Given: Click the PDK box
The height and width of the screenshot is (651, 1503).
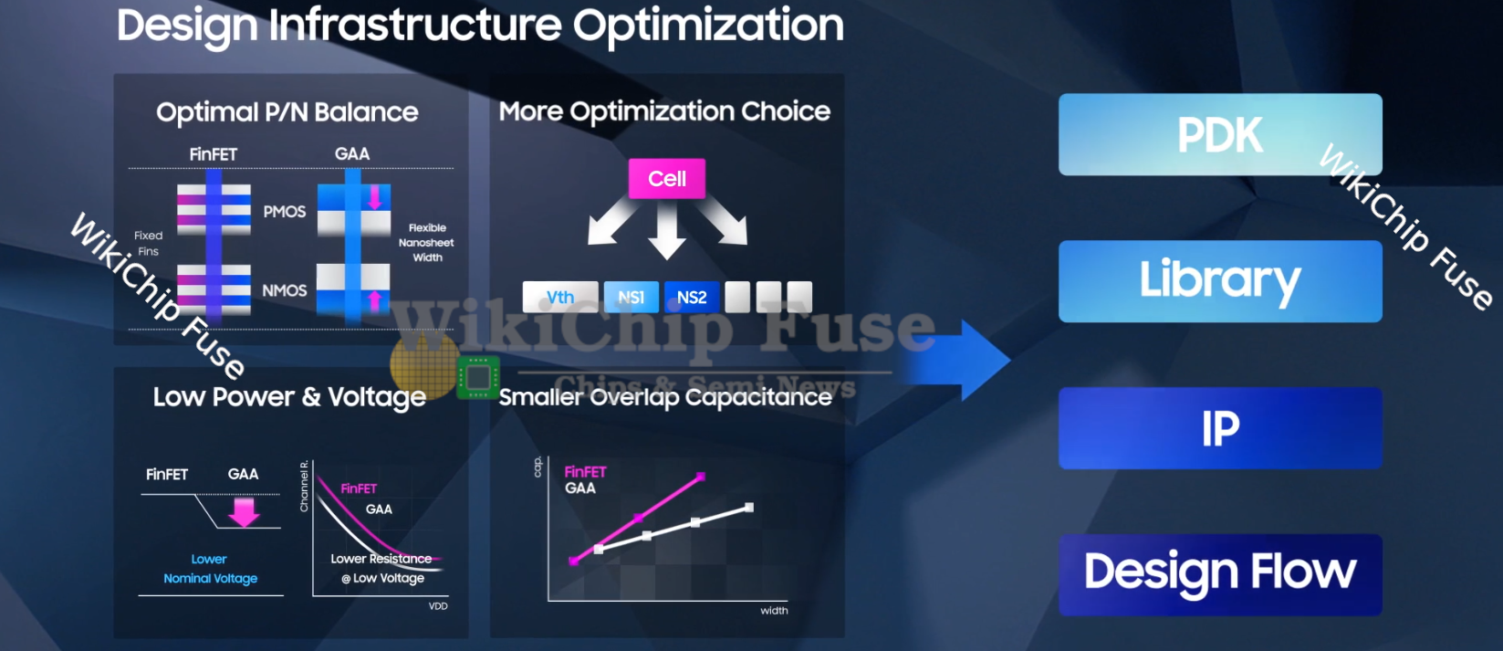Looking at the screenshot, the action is (x=1220, y=134).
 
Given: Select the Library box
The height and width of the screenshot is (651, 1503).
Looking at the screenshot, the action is (x=1220, y=281).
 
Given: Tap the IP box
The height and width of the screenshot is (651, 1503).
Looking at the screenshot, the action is (x=1220, y=428).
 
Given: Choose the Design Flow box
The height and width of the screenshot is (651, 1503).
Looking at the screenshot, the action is (x=1220, y=574).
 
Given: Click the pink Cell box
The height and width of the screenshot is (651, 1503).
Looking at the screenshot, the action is (x=666, y=179).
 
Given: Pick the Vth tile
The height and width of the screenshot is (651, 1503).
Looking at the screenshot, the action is (x=560, y=297).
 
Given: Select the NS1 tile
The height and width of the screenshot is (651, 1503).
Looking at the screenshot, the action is (x=631, y=297).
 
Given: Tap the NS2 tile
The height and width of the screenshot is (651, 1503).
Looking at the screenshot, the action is (x=691, y=297).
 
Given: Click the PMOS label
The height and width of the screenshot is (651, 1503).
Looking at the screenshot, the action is (x=285, y=212).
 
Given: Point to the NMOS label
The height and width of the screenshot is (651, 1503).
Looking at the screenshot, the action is (x=285, y=290).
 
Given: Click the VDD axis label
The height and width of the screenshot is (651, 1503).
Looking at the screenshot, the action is (x=438, y=606).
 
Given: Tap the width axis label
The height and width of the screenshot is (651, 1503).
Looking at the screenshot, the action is (x=774, y=611).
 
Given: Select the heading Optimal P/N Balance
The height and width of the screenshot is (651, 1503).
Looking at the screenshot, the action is (x=287, y=112).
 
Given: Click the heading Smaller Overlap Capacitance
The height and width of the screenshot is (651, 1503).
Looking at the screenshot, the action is (x=665, y=397).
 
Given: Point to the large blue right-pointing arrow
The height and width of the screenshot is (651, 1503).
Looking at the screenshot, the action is (x=956, y=361).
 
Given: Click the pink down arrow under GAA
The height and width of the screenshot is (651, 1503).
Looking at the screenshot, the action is (x=244, y=512).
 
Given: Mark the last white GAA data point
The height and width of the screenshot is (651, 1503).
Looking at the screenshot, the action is (x=749, y=508).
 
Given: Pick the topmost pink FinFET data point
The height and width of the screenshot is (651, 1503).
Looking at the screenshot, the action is (x=701, y=477).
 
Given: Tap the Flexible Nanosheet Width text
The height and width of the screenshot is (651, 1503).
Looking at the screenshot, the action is (x=426, y=242).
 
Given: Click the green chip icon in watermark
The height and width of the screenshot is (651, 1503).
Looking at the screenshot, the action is (x=478, y=378).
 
